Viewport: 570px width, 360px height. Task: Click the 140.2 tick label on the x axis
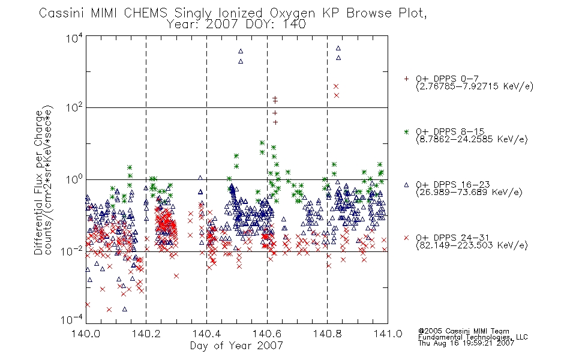click(x=146, y=333)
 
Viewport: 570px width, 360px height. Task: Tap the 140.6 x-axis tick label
click(x=267, y=333)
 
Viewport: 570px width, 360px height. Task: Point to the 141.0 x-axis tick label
click(x=388, y=333)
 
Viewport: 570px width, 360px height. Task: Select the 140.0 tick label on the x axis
click(x=86, y=333)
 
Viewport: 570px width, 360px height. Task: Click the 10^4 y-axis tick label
click(x=74, y=38)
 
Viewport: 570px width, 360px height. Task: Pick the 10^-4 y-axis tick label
click(x=71, y=320)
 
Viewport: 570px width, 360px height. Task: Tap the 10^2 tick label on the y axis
click(x=74, y=108)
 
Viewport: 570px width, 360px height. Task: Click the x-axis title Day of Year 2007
click(x=236, y=346)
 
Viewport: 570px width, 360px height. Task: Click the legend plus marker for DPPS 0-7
click(x=406, y=79)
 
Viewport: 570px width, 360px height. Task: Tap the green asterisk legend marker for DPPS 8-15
click(x=406, y=131)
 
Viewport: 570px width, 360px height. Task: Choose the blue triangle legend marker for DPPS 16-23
click(x=406, y=185)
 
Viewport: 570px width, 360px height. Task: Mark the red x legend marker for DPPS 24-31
click(x=406, y=238)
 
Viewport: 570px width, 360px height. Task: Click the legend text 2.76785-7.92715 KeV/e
click(x=475, y=86)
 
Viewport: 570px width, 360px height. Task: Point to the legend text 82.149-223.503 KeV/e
click(x=472, y=245)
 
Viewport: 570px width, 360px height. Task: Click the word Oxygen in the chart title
click(x=292, y=13)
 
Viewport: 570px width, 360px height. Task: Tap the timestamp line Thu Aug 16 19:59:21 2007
click(x=466, y=343)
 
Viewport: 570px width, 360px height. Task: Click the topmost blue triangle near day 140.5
click(x=241, y=51)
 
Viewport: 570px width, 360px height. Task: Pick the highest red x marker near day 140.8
click(x=336, y=86)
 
